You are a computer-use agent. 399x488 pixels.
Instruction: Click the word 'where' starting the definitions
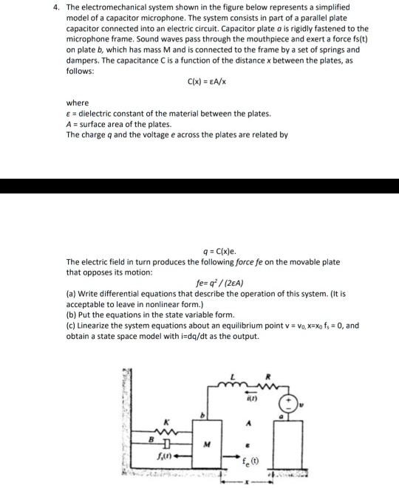pos(78,103)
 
